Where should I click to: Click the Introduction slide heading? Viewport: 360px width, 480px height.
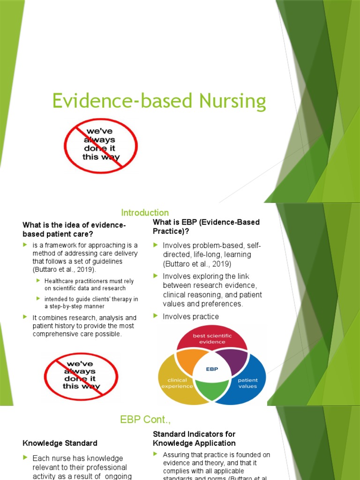pyautogui.click(x=145, y=213)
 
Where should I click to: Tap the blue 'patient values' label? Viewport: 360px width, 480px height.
pyautogui.click(x=247, y=383)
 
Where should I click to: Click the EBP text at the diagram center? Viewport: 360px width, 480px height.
pyautogui.click(x=212, y=369)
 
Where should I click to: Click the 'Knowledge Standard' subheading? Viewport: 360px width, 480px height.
pyautogui.click(x=60, y=443)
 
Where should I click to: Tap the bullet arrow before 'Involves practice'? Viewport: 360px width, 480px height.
pyautogui.click(x=156, y=316)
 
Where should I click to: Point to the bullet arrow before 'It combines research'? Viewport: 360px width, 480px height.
pyautogui.click(x=25, y=317)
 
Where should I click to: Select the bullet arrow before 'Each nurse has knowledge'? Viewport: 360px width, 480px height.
pyautogui.click(x=25, y=458)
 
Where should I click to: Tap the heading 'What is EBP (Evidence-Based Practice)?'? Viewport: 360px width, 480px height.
pyautogui.click(x=206, y=226)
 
